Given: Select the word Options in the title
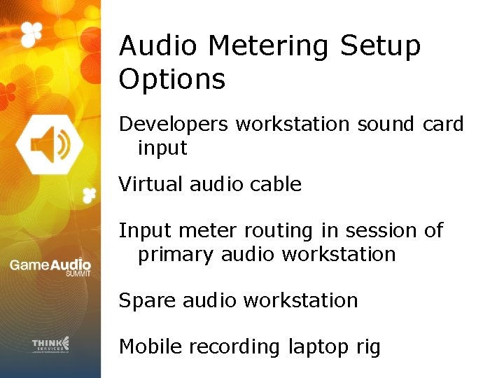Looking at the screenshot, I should tap(172, 79).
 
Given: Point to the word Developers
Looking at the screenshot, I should tap(174, 125).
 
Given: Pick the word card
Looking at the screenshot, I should tap(443, 125).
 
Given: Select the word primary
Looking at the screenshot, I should tap(176, 254).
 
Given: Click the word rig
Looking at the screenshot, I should tap(366, 348).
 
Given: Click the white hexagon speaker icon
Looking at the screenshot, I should tap(49, 145).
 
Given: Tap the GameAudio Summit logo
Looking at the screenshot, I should tap(50, 267).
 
